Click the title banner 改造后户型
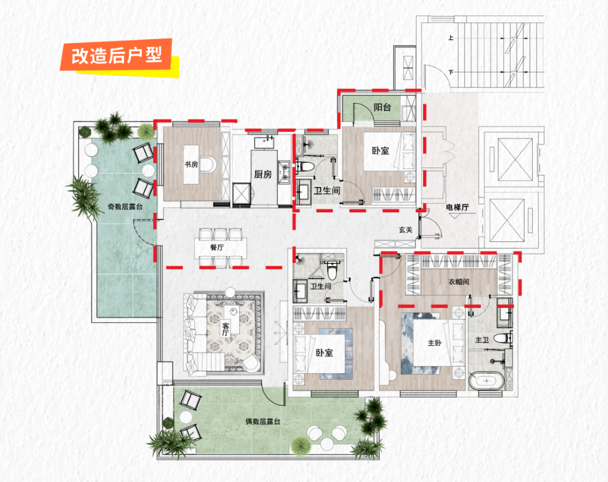click(x=117, y=56)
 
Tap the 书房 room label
click(x=191, y=165)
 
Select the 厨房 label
click(x=263, y=175)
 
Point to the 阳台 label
click(x=382, y=107)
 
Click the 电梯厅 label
click(x=457, y=207)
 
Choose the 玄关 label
click(x=405, y=230)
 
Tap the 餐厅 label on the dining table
click(x=217, y=247)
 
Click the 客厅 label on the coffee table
click(x=225, y=330)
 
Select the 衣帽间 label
click(x=459, y=281)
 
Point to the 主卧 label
click(x=434, y=342)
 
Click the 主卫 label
click(x=482, y=340)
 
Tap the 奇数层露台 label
click(x=125, y=207)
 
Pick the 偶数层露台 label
click(x=262, y=421)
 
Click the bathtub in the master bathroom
click(x=486, y=381)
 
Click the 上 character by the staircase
click(x=450, y=38)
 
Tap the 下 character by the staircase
click(x=450, y=72)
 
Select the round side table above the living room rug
click(x=230, y=292)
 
